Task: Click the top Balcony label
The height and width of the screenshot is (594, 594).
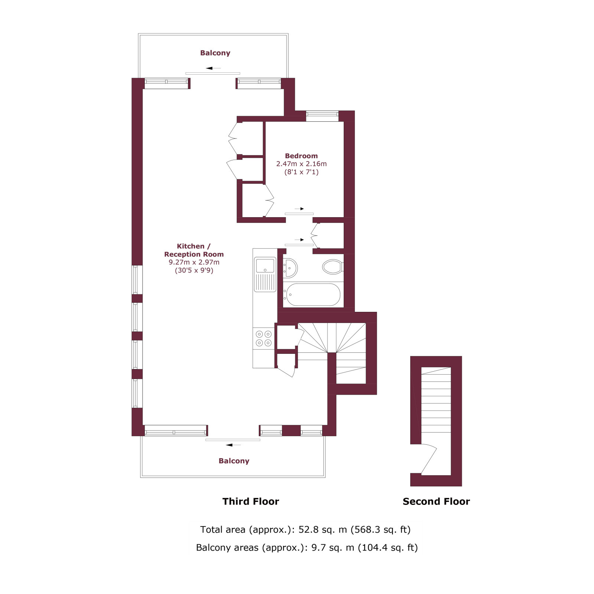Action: pos(215,53)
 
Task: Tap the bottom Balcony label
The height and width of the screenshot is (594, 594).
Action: pos(234,461)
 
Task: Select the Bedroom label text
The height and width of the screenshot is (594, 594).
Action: pos(301,156)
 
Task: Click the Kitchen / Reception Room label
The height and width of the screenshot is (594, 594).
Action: pos(194,250)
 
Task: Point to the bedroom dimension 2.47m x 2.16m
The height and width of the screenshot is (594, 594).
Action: pos(301,164)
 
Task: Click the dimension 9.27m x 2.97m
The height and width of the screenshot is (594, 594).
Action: pos(194,262)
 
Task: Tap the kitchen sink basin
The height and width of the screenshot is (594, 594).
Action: pos(265,266)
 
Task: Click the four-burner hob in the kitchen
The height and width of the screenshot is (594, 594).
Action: pos(264,338)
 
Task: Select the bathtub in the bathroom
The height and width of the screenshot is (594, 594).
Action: pos(313,295)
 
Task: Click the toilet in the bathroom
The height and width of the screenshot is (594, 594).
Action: pos(333,267)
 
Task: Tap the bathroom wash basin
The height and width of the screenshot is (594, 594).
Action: pos(290,268)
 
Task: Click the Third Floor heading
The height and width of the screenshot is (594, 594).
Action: pos(251,502)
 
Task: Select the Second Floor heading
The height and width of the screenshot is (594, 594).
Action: pos(436,502)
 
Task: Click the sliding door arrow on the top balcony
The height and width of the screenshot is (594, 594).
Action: pos(213,68)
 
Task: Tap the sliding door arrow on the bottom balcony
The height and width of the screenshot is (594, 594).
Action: pos(234,445)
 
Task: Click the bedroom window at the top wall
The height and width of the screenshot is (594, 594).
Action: pos(322,116)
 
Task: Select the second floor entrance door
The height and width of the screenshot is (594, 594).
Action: pos(429,459)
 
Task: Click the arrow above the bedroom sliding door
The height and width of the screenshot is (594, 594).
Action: pos(300,209)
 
